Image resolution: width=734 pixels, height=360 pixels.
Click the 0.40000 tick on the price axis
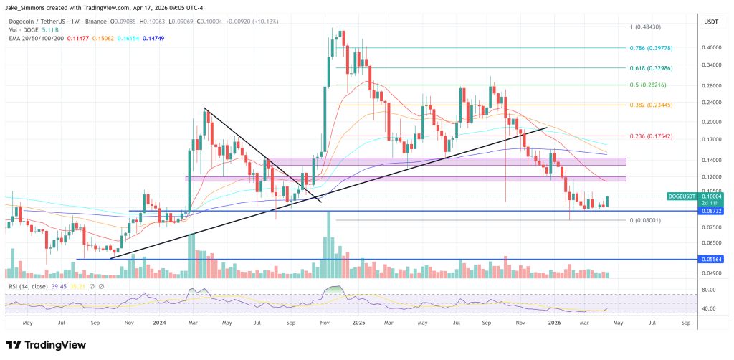click(711, 48)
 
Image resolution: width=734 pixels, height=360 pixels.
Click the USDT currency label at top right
click(710, 22)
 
